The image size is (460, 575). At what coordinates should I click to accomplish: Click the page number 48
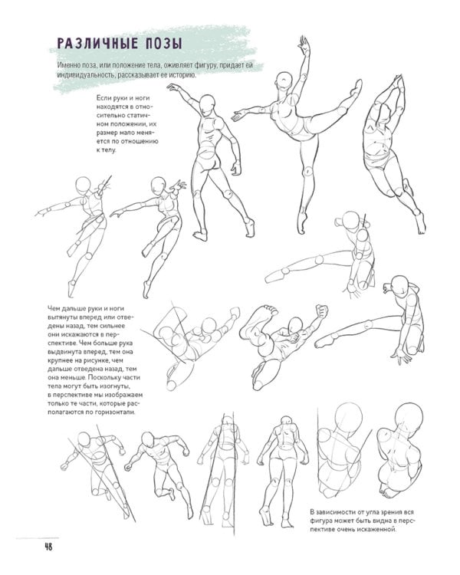[x=48, y=547]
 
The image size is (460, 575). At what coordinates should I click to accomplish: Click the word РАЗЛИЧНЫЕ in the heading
[x=97, y=44]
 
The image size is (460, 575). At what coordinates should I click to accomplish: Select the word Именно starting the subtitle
[x=68, y=66]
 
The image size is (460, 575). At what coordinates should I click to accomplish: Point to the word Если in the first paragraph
[x=103, y=98]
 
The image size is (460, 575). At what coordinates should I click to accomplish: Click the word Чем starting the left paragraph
[x=54, y=309]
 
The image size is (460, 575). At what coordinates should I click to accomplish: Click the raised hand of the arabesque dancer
[x=304, y=45]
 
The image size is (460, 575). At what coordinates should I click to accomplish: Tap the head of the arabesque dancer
[x=284, y=80]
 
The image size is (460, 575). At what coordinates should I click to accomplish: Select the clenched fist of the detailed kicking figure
[x=322, y=312]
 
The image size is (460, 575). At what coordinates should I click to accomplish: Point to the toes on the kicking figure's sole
[x=271, y=309]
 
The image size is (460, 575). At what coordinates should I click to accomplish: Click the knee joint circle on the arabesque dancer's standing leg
[x=308, y=171]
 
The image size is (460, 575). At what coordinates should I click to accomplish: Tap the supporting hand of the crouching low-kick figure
[x=402, y=355]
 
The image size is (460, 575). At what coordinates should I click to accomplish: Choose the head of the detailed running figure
[x=147, y=439]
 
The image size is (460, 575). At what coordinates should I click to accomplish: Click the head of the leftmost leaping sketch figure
[x=84, y=185]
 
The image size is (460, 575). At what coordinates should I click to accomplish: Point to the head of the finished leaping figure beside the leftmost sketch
[x=159, y=186]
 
